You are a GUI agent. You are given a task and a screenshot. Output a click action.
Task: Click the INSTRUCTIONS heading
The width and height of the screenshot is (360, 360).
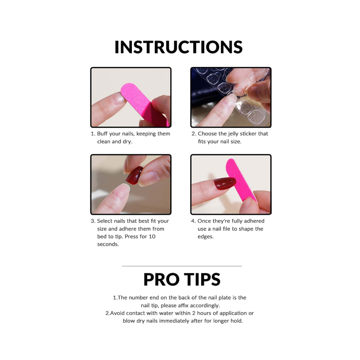(179, 47)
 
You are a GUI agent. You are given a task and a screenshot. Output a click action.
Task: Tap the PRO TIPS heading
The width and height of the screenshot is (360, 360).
(182, 279)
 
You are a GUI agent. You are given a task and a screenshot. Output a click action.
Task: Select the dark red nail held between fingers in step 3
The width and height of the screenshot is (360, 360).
(135, 175)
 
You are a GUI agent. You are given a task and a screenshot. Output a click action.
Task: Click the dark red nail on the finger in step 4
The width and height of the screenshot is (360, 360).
(225, 183)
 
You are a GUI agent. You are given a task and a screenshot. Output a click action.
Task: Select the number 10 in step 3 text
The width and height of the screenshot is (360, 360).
(152, 237)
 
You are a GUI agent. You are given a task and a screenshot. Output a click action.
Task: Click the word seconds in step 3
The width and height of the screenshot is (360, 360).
(108, 244)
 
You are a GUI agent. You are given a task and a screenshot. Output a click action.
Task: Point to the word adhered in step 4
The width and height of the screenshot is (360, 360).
(254, 221)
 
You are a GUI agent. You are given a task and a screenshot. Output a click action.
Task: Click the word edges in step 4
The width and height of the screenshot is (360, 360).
(206, 237)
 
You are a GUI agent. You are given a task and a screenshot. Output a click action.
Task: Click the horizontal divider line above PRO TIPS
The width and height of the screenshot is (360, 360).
(182, 266)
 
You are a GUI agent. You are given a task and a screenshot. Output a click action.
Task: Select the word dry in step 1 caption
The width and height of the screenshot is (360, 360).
(127, 142)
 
